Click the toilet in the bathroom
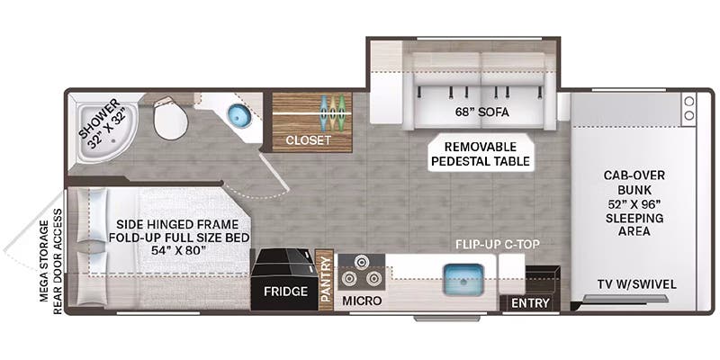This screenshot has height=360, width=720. click(x=170, y=118)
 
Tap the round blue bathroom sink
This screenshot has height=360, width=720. click(x=238, y=115)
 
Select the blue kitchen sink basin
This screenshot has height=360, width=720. click(x=463, y=278)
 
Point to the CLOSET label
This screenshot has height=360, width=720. click(x=308, y=140)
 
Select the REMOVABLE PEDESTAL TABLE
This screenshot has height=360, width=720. click(x=480, y=154)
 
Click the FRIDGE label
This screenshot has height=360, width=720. click(x=285, y=291)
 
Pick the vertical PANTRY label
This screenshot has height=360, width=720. click(x=326, y=279)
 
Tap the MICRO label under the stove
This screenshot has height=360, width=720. click(x=362, y=301)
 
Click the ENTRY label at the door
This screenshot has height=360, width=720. click(x=530, y=303)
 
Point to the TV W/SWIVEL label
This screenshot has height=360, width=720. click(x=637, y=284)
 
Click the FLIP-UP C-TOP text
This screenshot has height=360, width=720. click(x=497, y=243)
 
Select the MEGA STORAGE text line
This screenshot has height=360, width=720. click(x=44, y=261)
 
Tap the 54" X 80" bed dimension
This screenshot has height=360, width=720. click(x=178, y=251)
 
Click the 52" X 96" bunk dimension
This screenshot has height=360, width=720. click(x=634, y=203)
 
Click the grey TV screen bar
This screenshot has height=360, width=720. click(x=625, y=299)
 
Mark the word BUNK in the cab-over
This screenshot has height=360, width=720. click(x=634, y=189)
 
